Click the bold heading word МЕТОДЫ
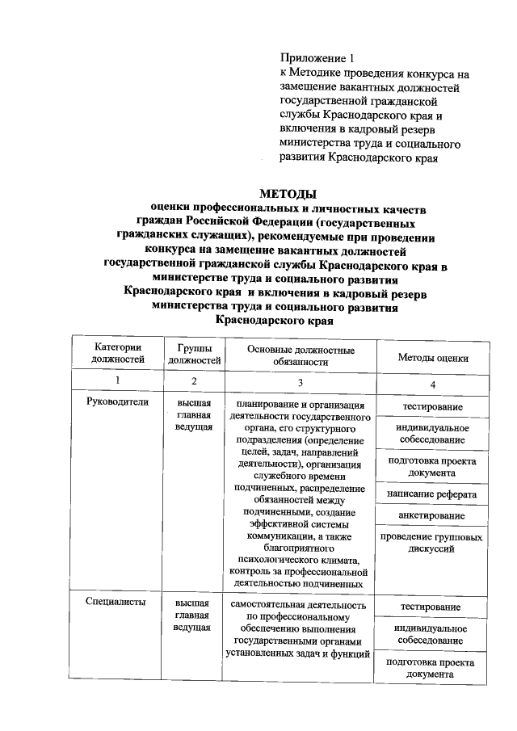pyautogui.click(x=286, y=194)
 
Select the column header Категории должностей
pyautogui.click(x=118, y=353)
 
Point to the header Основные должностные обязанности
pyautogui.click(x=300, y=356)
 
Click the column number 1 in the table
pyautogui.click(x=118, y=381)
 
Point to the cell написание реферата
pyautogui.click(x=432, y=494)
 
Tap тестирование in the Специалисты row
pyautogui.click(x=432, y=607)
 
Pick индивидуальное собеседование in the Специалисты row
pyautogui.click(x=432, y=634)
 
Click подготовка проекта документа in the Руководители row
pyautogui.click(x=432, y=466)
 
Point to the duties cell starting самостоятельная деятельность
pyautogui.click(x=300, y=628)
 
